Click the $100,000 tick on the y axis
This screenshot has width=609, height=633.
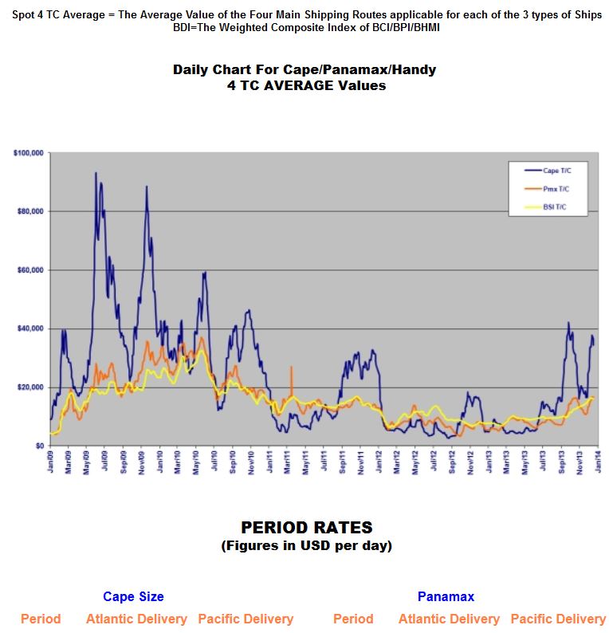(28, 152)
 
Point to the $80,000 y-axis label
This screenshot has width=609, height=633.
(29, 211)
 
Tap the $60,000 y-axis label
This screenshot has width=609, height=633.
(29, 270)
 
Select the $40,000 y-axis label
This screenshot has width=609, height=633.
(29, 329)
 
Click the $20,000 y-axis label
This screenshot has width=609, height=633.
(29, 387)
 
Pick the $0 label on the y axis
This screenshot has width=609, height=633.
(37, 446)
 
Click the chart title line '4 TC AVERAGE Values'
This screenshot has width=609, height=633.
(304, 85)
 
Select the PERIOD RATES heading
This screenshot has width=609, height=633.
(306, 528)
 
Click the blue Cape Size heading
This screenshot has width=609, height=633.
(133, 596)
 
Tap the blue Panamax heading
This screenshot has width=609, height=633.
(446, 596)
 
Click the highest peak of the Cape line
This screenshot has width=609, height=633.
(96, 172)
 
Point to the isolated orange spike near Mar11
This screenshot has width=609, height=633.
(292, 368)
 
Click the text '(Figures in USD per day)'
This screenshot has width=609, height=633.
(306, 546)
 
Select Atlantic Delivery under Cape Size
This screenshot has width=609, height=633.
(136, 619)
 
